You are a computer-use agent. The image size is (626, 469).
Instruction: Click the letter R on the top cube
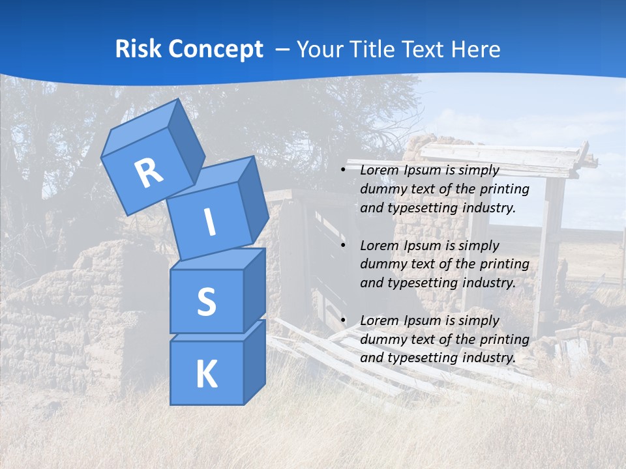pyautogui.click(x=149, y=173)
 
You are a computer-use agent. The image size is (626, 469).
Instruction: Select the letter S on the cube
pyautogui.click(x=206, y=302)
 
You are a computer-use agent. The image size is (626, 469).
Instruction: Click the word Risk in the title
pyautogui.click(x=138, y=49)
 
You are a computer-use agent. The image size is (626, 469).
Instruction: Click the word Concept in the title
pyautogui.click(x=215, y=49)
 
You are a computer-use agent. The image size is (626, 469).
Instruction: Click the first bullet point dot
pyautogui.click(x=343, y=171)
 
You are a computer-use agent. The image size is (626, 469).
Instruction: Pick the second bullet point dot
pyautogui.click(x=343, y=246)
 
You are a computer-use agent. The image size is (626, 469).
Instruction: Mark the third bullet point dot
pyautogui.click(x=343, y=321)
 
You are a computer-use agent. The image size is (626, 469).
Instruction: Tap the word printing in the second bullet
pyautogui.click(x=504, y=264)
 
